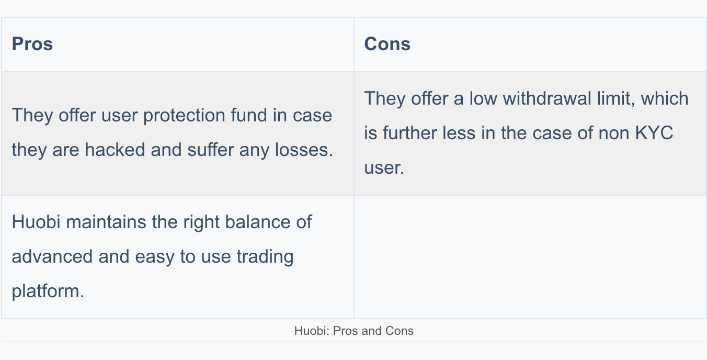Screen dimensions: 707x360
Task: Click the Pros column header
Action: coord(32,44)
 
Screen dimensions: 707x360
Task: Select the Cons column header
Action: coord(387,44)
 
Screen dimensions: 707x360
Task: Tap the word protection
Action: coord(184,116)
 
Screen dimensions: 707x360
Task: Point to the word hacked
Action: coord(115,149)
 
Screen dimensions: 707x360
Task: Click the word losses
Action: coord(304,149)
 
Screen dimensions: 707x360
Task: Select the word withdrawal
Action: coord(547,98)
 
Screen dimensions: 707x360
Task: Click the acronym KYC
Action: coord(654,133)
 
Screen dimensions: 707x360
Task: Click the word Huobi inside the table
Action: coord(36,222)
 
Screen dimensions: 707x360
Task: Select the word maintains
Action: coord(106,222)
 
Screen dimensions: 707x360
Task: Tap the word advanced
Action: coord(52,256)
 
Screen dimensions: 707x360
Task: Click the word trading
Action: coord(265,257)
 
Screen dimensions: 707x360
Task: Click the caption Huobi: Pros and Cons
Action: coord(354,331)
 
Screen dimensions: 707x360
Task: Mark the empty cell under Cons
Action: coord(530,257)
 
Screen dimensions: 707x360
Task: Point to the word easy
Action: coord(155,257)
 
